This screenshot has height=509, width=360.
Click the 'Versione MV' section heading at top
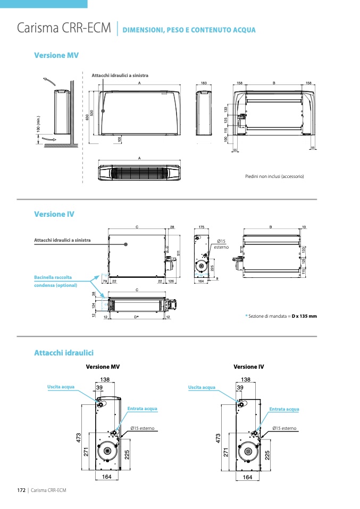pyautogui.click(x=56, y=55)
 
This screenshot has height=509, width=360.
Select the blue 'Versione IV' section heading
pyautogui.click(x=54, y=214)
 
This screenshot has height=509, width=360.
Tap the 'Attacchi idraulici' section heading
pyautogui.click(x=64, y=353)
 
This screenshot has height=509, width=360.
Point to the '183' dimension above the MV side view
pyautogui.click(x=204, y=83)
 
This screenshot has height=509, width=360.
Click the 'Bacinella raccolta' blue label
pyautogui.click(x=53, y=277)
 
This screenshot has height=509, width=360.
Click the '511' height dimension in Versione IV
pyautogui.click(x=179, y=252)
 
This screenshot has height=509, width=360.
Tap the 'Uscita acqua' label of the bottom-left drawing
pyautogui.click(x=61, y=387)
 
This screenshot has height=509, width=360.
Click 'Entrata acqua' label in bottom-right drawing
pyautogui.click(x=284, y=409)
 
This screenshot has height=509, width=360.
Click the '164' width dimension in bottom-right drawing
pyautogui.click(x=247, y=477)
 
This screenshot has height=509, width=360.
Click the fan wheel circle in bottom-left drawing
pyautogui.click(x=108, y=451)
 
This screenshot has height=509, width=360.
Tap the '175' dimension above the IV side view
pyautogui.click(x=202, y=227)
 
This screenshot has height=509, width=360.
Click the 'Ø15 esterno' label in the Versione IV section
pyautogui.click(x=221, y=244)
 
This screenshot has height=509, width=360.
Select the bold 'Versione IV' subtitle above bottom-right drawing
pyautogui.click(x=248, y=367)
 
